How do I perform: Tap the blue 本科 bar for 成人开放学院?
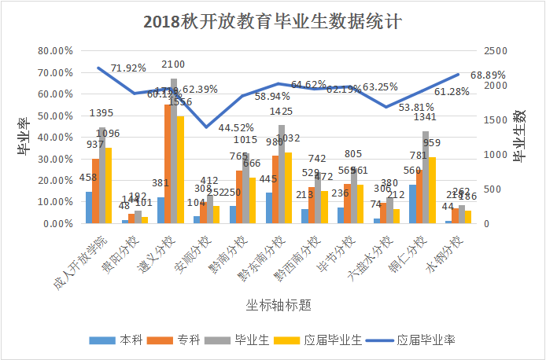point(89,208)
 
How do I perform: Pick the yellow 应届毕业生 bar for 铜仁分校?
point(432,190)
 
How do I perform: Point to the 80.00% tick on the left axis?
point(55,51)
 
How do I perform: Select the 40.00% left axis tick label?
point(55,138)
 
